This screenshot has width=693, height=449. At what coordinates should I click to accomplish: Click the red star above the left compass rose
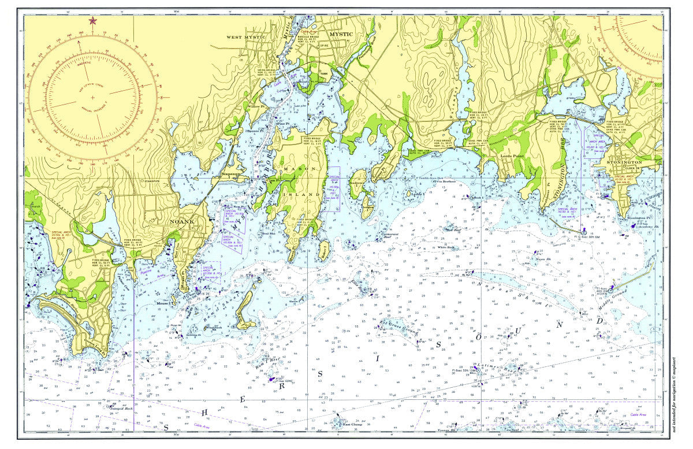[x=92, y=21]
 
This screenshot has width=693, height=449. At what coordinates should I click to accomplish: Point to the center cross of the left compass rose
[x=92, y=97]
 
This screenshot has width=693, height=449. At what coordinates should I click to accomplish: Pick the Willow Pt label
[x=255, y=107]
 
